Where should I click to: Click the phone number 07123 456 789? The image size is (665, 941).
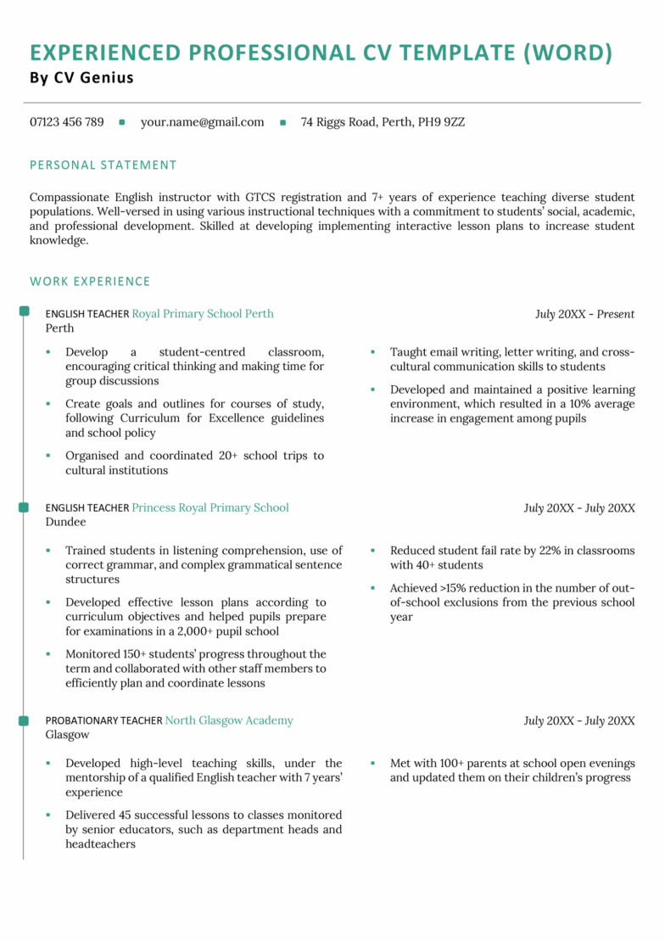point(67,122)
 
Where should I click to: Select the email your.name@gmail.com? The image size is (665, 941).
point(202,122)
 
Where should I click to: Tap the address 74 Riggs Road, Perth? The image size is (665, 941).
point(383,122)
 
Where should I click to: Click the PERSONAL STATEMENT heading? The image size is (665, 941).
point(103,165)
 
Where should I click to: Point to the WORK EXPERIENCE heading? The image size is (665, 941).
point(90,281)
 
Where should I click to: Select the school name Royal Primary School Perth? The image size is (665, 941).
point(203,314)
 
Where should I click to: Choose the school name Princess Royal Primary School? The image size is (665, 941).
point(210,507)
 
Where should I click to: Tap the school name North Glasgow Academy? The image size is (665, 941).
point(229,720)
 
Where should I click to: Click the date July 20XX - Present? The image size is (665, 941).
point(584,314)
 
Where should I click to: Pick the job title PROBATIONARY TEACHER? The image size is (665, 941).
point(103,721)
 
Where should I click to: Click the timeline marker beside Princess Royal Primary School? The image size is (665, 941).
point(24,507)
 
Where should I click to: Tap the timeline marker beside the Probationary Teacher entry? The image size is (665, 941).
point(24,720)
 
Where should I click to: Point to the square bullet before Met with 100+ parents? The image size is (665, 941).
point(372,763)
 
